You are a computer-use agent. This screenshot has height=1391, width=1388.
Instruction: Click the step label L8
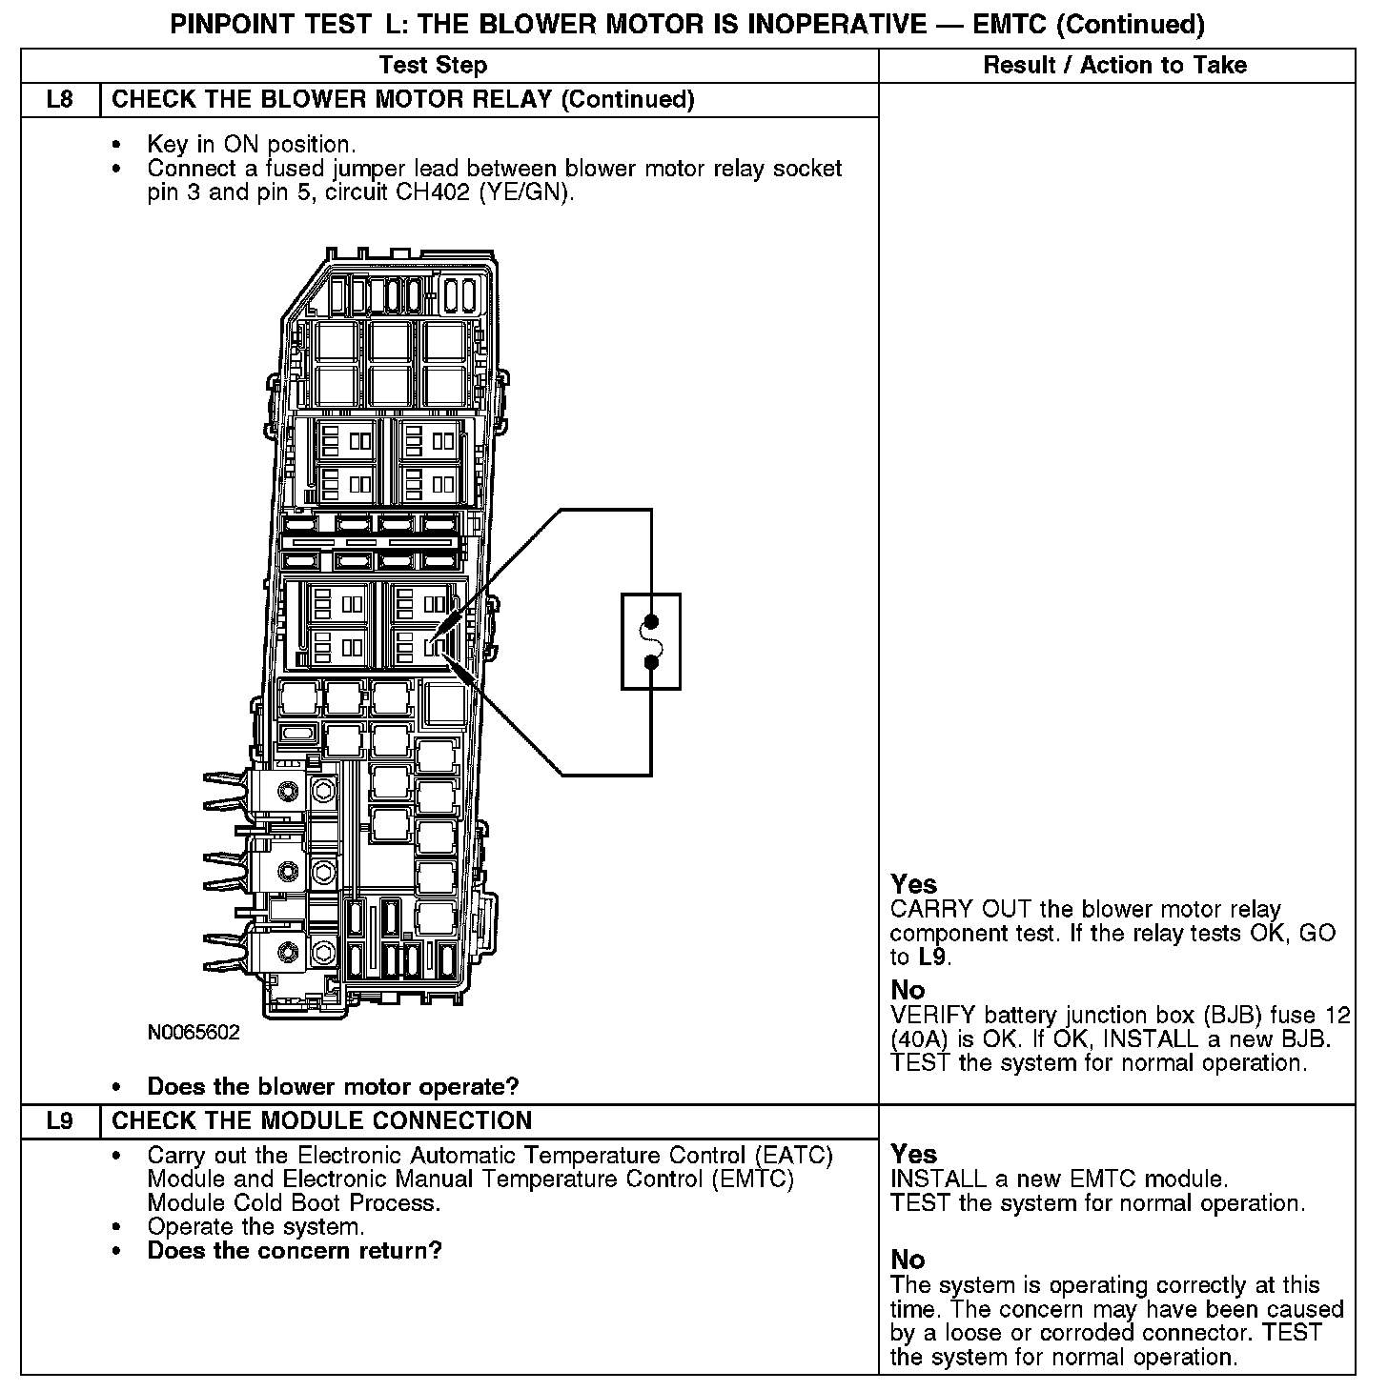coord(59,100)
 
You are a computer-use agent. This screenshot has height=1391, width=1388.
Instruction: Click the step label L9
coord(59,1121)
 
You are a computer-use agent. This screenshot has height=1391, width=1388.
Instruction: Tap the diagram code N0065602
coord(194,1033)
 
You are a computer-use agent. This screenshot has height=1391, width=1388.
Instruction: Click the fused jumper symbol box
coord(651,641)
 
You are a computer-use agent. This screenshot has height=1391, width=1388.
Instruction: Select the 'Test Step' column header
coord(433,66)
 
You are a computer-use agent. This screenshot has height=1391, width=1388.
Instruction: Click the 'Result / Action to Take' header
coord(1114,66)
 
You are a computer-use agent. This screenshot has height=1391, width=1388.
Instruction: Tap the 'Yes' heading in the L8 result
coord(913,884)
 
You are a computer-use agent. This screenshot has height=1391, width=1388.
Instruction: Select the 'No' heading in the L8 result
coord(908,990)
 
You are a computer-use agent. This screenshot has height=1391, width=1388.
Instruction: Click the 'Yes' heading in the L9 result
coord(913,1155)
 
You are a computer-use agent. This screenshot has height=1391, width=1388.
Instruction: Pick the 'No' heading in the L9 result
coord(908,1260)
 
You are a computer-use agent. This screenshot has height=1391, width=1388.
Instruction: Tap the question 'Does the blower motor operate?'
coord(333,1087)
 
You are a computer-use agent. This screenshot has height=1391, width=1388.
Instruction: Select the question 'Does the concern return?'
coord(295,1251)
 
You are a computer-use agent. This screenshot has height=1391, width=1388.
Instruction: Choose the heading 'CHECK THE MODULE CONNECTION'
coord(322,1121)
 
